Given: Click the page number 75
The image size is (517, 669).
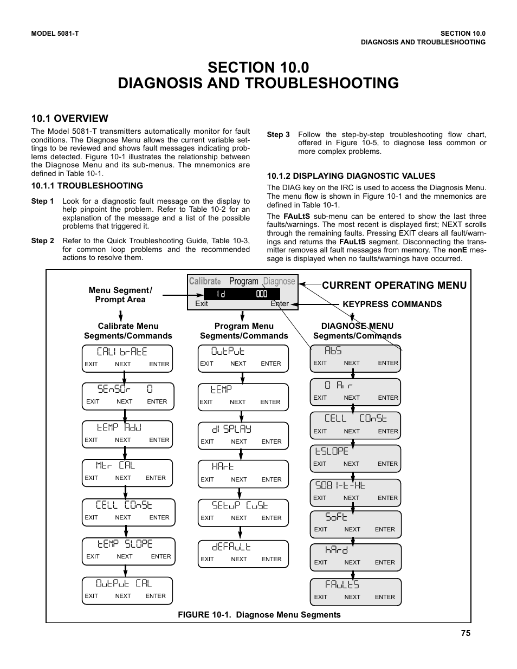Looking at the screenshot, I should point(466,633).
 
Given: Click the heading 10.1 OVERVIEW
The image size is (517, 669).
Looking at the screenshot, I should point(69,118).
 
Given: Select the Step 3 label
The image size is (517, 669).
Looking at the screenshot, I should point(278,134).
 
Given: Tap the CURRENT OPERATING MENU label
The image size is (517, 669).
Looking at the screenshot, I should point(394,285).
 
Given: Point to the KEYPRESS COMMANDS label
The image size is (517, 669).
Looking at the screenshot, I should point(392,304).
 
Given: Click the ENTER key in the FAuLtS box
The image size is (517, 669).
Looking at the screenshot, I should point(385,597).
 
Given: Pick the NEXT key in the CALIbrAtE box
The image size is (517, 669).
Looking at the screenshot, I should point(122,364).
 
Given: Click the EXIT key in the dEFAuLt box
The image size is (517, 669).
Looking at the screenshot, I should point(207,559).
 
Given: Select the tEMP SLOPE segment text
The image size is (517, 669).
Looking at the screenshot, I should point(125,544).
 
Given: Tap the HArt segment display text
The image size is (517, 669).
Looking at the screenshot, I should point(223,466).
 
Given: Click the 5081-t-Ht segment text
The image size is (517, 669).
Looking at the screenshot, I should point(340,485).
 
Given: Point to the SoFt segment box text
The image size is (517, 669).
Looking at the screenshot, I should point(337,517).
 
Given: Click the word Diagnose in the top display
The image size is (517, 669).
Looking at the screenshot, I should point(279,281).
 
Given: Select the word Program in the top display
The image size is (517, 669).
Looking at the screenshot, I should point(243,281).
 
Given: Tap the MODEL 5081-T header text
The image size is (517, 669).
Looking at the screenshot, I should point(55,34).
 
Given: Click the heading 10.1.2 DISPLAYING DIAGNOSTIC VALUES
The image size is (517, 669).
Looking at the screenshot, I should point(351,176).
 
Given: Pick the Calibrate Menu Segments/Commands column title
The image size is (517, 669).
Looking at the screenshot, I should point(128,330).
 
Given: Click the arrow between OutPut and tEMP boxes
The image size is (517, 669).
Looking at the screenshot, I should point(244,378).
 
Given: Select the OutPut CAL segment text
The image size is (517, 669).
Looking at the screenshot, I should point(124,583).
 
